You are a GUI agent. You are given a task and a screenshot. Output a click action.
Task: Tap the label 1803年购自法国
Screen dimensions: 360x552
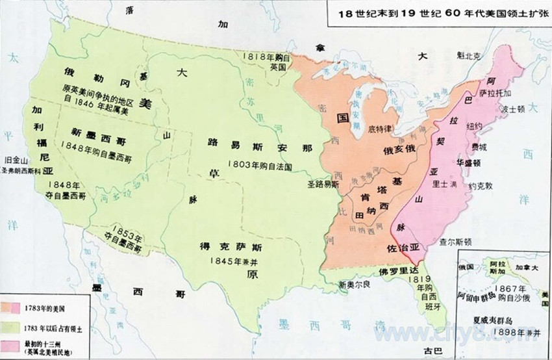pos(260,166)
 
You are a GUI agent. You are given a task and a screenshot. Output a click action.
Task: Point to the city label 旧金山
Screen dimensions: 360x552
pos(16,159)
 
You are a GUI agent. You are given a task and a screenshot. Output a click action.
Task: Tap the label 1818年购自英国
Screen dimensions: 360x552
pos(266,61)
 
